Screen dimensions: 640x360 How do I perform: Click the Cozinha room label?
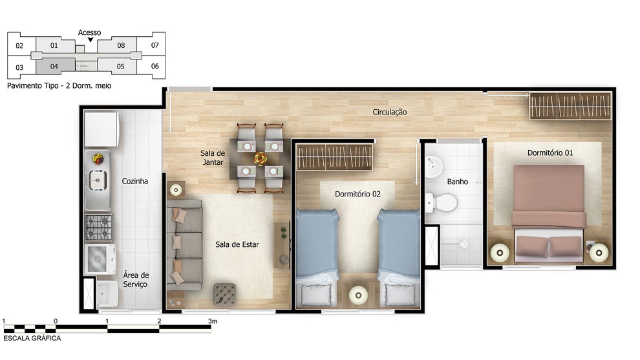(x=134, y=181)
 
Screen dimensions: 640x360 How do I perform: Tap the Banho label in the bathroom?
(x=457, y=182)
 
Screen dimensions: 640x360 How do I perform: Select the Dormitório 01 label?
(x=549, y=153)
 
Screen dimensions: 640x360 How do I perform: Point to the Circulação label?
(x=389, y=112)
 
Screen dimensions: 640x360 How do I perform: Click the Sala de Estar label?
(x=237, y=244)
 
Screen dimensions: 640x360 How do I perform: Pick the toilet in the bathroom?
(x=442, y=202)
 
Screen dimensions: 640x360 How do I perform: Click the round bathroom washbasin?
(x=434, y=167)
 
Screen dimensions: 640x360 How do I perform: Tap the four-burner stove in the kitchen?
(x=98, y=227)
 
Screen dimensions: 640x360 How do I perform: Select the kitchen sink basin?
(x=98, y=180)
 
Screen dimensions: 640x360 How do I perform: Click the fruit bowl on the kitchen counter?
(x=98, y=158)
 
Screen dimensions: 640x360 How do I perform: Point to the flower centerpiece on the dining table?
(x=261, y=158)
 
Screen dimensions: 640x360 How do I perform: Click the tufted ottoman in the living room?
(x=224, y=294)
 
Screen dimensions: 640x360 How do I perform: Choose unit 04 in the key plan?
(x=55, y=66)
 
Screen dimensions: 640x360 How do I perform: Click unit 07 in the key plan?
(x=155, y=45)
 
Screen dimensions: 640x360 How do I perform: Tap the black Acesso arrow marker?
(x=91, y=39)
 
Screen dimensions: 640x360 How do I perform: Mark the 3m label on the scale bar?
(x=213, y=321)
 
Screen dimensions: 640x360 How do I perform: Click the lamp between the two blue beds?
(x=358, y=294)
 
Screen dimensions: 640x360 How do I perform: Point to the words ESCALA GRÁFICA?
(x=32, y=338)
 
